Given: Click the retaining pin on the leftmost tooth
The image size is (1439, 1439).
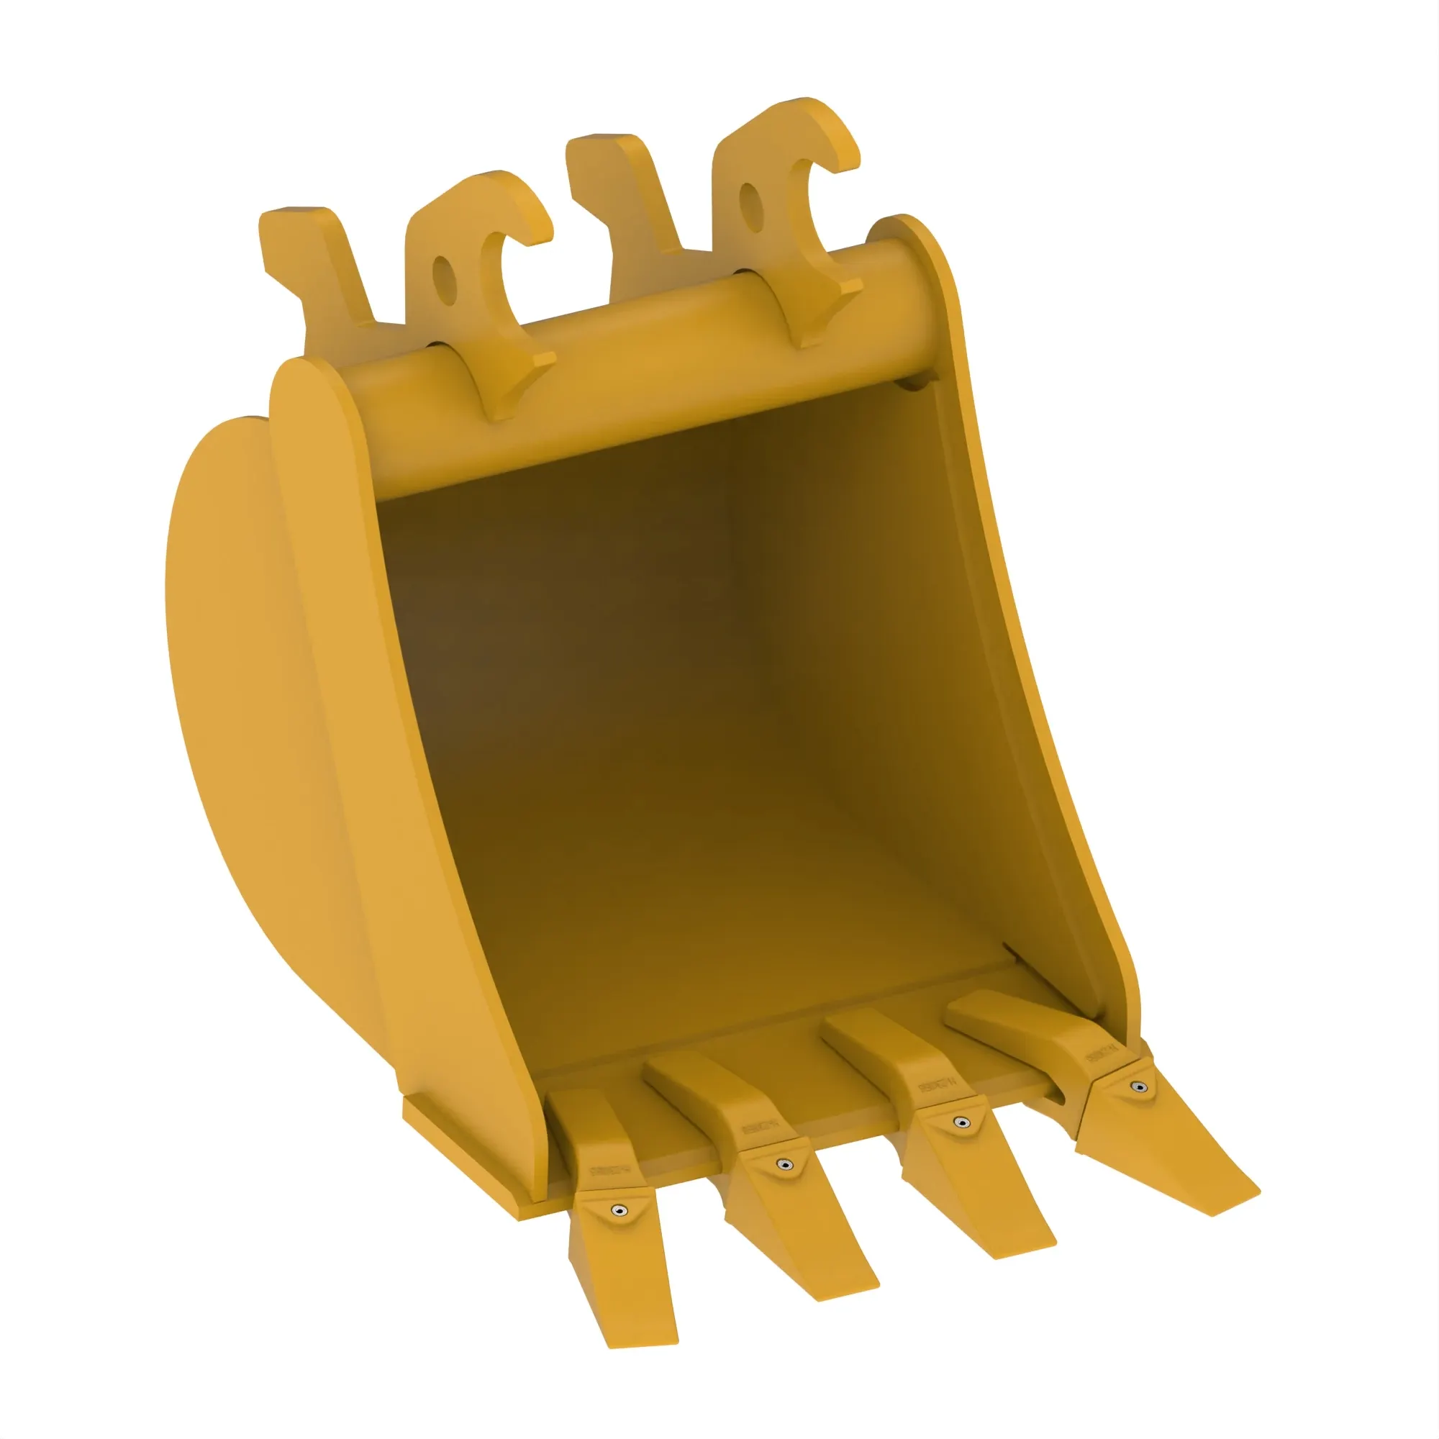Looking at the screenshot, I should tap(617, 1209).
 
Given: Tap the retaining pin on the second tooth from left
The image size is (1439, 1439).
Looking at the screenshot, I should tap(784, 1164).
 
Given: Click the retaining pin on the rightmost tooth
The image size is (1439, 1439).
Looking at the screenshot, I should tap(1138, 1087).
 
